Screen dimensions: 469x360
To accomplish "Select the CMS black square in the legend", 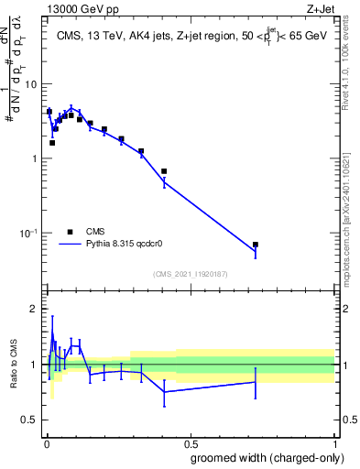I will pyautogui.click(x=70, y=232).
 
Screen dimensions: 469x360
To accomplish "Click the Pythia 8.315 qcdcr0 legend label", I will pyautogui.click(x=127, y=245).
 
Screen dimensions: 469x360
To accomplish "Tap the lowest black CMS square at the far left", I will pyautogui.click(x=52, y=143).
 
